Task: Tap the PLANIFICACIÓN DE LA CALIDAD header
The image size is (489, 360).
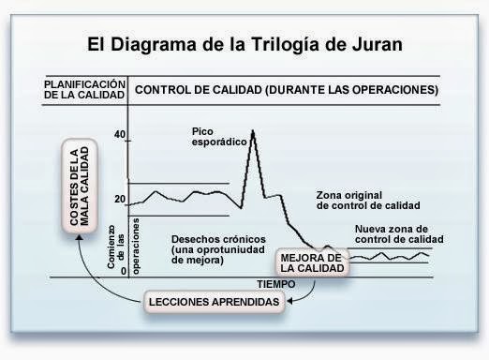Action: [83, 90]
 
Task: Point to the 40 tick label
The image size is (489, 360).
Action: [119, 135]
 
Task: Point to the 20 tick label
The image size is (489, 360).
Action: [119, 200]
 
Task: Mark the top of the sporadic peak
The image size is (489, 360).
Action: [255, 132]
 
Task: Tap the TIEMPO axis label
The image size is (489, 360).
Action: [276, 282]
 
